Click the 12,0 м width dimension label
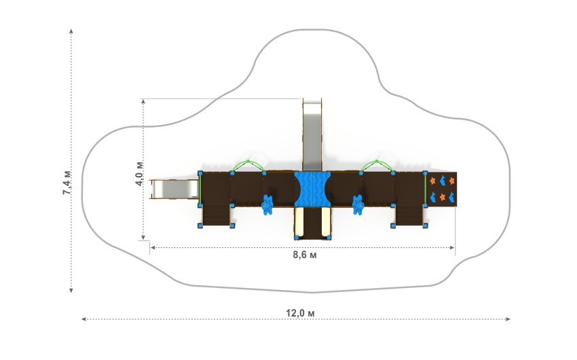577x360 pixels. point(300,313)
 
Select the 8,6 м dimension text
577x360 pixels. point(305,255)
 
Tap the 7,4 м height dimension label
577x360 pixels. point(67,183)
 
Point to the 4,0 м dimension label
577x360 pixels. point(139,174)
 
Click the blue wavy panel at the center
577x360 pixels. point(312,188)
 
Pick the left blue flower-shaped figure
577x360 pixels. point(267,205)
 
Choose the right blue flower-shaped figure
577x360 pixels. point(358,205)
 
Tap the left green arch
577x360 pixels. point(248,166)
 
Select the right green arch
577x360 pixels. point(377,166)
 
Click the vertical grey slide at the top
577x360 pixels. point(312,134)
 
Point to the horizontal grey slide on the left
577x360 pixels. point(175,190)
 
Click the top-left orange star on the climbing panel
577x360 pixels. point(433,181)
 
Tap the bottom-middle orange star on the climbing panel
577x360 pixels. point(443,197)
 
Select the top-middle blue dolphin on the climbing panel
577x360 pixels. point(443,181)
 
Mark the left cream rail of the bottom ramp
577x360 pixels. point(299,221)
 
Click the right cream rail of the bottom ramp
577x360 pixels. point(325,221)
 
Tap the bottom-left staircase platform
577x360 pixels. point(216,216)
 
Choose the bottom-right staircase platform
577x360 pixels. point(409,216)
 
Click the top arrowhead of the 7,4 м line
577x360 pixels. point(71,31)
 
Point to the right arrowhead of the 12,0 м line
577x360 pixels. point(508,319)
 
